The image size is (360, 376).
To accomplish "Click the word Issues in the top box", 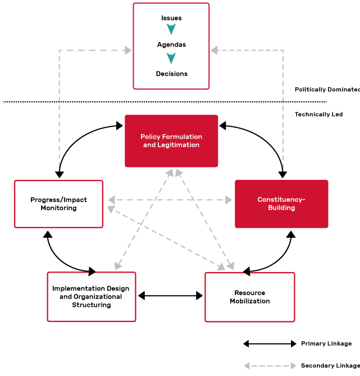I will (171, 18).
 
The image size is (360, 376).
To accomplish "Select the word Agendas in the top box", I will (171, 44).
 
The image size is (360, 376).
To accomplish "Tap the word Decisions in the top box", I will (171, 74).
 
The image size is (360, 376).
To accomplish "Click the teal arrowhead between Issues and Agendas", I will (171, 29).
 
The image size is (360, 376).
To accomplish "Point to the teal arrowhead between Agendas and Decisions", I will (171, 58).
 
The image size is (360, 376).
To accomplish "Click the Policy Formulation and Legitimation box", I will (171, 141).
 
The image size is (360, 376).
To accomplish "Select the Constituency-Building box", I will (281, 204).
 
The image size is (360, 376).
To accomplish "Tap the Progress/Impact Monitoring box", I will (58, 204).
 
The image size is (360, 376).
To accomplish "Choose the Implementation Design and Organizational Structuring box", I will (91, 297).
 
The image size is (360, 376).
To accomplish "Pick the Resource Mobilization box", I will (249, 297).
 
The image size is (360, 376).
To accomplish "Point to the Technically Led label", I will (318, 114).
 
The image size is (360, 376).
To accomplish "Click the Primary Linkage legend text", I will (326, 343).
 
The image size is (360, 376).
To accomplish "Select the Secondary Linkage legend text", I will (330, 366).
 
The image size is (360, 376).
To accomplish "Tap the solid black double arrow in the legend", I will (270, 343).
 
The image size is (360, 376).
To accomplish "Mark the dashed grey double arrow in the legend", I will (270, 366).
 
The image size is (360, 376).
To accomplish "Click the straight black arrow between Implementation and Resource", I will (170, 296).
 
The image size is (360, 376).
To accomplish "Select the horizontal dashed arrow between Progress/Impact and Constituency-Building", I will (170, 200).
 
